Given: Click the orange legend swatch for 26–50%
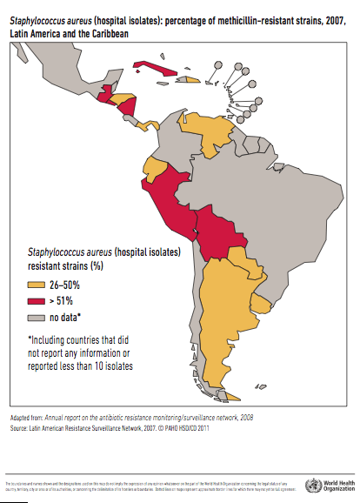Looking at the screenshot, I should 36,284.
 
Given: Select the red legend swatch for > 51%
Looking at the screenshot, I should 36,299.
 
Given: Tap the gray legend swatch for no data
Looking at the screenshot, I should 36,316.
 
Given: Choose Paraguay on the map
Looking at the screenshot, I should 249,262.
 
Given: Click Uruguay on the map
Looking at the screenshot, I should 261,301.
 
